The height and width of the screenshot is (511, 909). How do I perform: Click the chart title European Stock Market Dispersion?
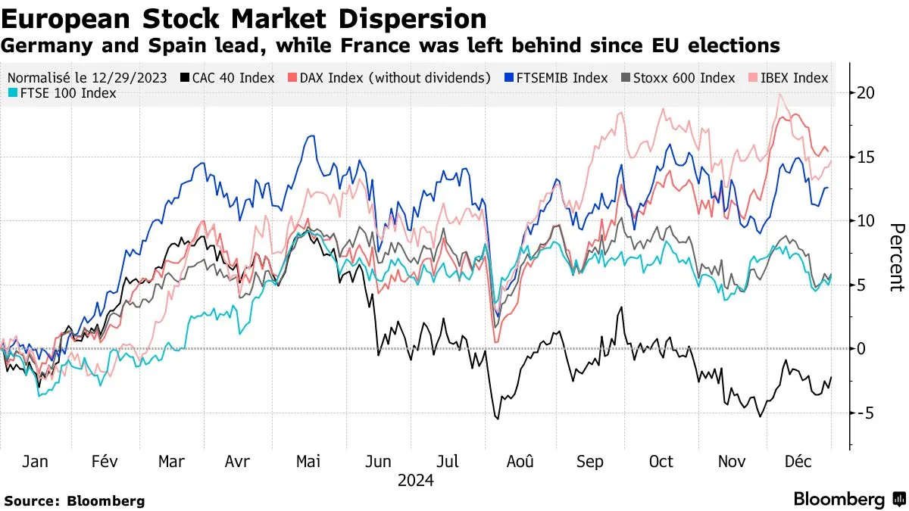[x=244, y=18]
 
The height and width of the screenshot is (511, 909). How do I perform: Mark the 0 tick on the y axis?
[x=861, y=349]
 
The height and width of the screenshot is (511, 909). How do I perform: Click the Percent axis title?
[x=896, y=257]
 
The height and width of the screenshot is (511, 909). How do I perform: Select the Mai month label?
[x=308, y=462]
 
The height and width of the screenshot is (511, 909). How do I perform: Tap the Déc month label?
[x=799, y=462]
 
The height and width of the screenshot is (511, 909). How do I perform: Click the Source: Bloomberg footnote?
[x=74, y=500]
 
